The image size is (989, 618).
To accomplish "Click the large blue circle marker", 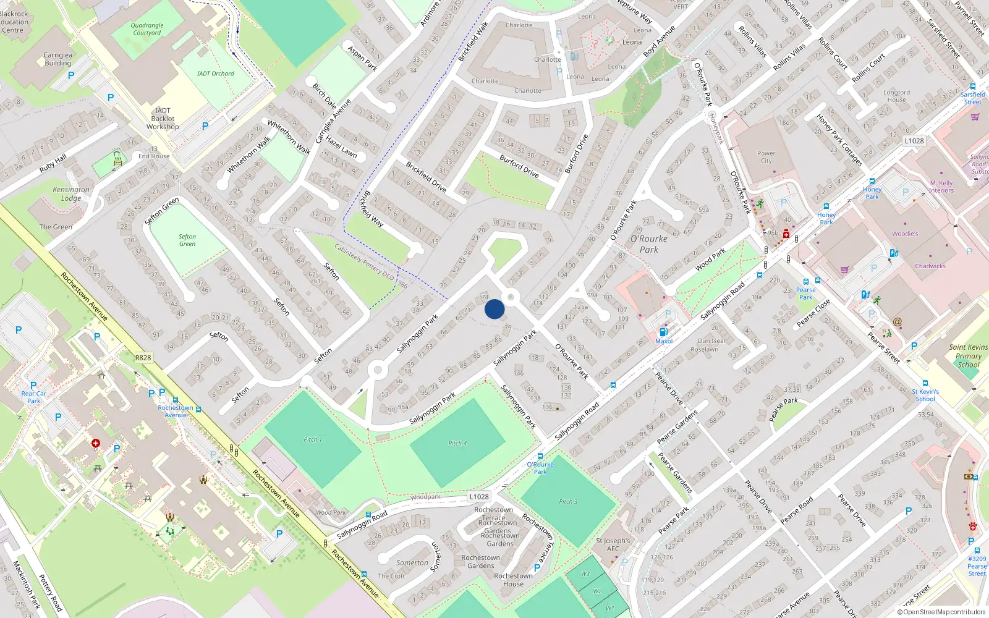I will [494, 309].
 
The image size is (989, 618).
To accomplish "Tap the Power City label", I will [766, 158].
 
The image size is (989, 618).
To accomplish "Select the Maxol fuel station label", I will [664, 341].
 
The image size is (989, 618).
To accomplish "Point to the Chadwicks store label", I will [930, 266].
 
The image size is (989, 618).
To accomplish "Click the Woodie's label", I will [905, 234].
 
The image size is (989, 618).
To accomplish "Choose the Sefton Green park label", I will [187, 240].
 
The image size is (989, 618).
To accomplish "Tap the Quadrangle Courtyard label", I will [147, 29].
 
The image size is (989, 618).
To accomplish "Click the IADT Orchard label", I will [216, 74].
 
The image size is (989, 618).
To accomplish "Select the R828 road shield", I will [143, 358].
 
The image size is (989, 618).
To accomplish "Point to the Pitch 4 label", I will [457, 443].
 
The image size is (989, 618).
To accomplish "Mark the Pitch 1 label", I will [313, 439].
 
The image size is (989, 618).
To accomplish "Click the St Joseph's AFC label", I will [613, 544].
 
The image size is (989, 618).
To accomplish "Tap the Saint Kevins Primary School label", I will [968, 356].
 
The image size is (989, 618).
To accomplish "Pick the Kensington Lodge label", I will [71, 194].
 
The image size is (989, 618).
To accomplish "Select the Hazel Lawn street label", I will [341, 147].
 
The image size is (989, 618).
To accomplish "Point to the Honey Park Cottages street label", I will [839, 140].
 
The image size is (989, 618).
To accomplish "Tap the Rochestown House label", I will [513, 580].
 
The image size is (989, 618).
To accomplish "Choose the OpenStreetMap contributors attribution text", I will [941, 612].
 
